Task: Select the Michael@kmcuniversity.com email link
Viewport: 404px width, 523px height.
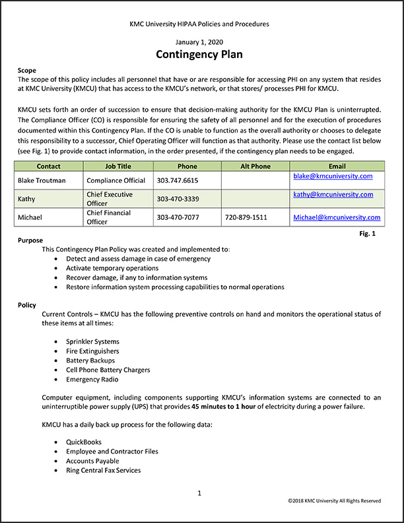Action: pos(337,217)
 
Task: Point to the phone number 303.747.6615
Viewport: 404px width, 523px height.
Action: pos(178,180)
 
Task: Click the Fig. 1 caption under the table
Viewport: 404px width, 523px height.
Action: pos(368,234)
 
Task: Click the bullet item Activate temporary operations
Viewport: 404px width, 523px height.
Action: pos(112,268)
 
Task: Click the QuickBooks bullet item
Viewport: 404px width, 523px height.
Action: pos(84,442)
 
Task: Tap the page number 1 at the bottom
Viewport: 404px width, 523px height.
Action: pos(199,493)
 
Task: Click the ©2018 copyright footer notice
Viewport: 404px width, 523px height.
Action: pos(334,501)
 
